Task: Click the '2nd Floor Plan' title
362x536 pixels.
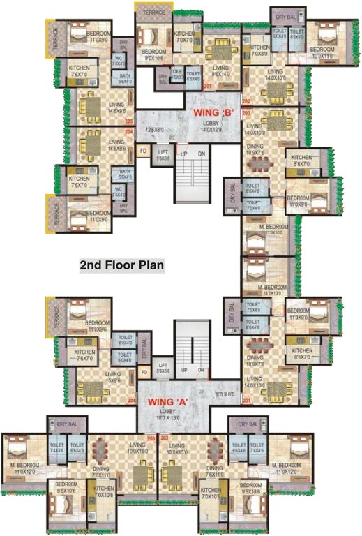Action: coord(121,265)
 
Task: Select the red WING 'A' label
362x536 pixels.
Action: coord(169,402)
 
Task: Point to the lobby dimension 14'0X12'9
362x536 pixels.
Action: coord(211,129)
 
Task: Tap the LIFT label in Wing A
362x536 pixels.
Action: coord(163,365)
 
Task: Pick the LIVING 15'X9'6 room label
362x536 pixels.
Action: coord(113,378)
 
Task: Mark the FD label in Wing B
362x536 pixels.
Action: coord(143,151)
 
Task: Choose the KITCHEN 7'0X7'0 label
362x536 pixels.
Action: coord(184,37)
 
